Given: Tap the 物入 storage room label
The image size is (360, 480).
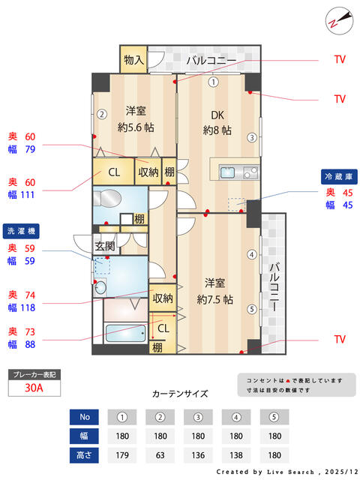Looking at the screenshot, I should pos(134,59).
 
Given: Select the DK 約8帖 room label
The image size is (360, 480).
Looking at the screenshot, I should pos(217,122).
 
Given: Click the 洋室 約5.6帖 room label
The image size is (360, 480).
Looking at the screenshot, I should pos(135,118).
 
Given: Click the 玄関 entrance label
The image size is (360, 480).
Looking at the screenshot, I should pos(104,245).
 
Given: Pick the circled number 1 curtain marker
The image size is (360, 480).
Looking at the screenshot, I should pos(214,82).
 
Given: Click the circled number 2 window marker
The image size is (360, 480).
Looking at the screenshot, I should pos(100,115).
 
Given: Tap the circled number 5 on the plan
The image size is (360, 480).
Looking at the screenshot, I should pos(253,309).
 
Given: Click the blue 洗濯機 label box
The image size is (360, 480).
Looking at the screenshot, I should pos(22,231).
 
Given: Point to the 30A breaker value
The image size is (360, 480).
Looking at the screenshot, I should pos(34,388).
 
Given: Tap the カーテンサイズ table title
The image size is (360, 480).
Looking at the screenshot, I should pos(180,393).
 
